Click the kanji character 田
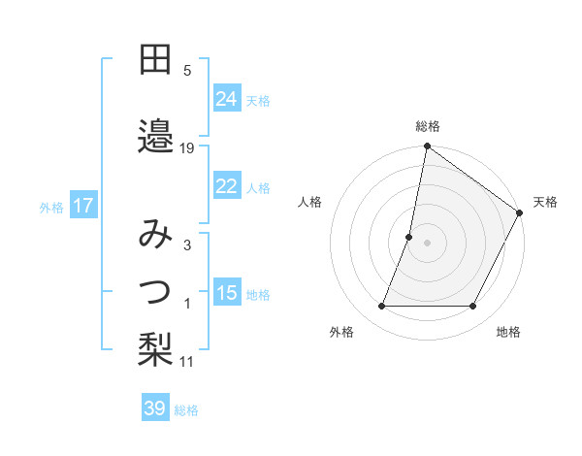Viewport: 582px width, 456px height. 155,60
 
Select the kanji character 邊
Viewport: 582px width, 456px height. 155,134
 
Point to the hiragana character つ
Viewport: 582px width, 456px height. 155,289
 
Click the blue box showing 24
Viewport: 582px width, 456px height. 227,98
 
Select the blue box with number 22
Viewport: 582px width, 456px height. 227,186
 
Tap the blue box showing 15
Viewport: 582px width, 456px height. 227,293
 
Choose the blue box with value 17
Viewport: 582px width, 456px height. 82,206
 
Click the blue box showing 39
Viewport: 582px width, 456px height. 155,408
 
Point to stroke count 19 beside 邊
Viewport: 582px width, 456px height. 187,148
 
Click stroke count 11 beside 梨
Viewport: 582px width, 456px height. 187,362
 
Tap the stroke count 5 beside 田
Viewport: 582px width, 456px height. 187,70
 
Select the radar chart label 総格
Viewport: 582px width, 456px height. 427,126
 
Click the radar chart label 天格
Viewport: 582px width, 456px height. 545,202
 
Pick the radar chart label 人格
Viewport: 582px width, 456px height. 309,202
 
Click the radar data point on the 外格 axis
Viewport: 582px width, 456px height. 381,307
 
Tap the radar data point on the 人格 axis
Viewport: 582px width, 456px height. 409,237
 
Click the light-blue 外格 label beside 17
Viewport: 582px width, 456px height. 50,207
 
